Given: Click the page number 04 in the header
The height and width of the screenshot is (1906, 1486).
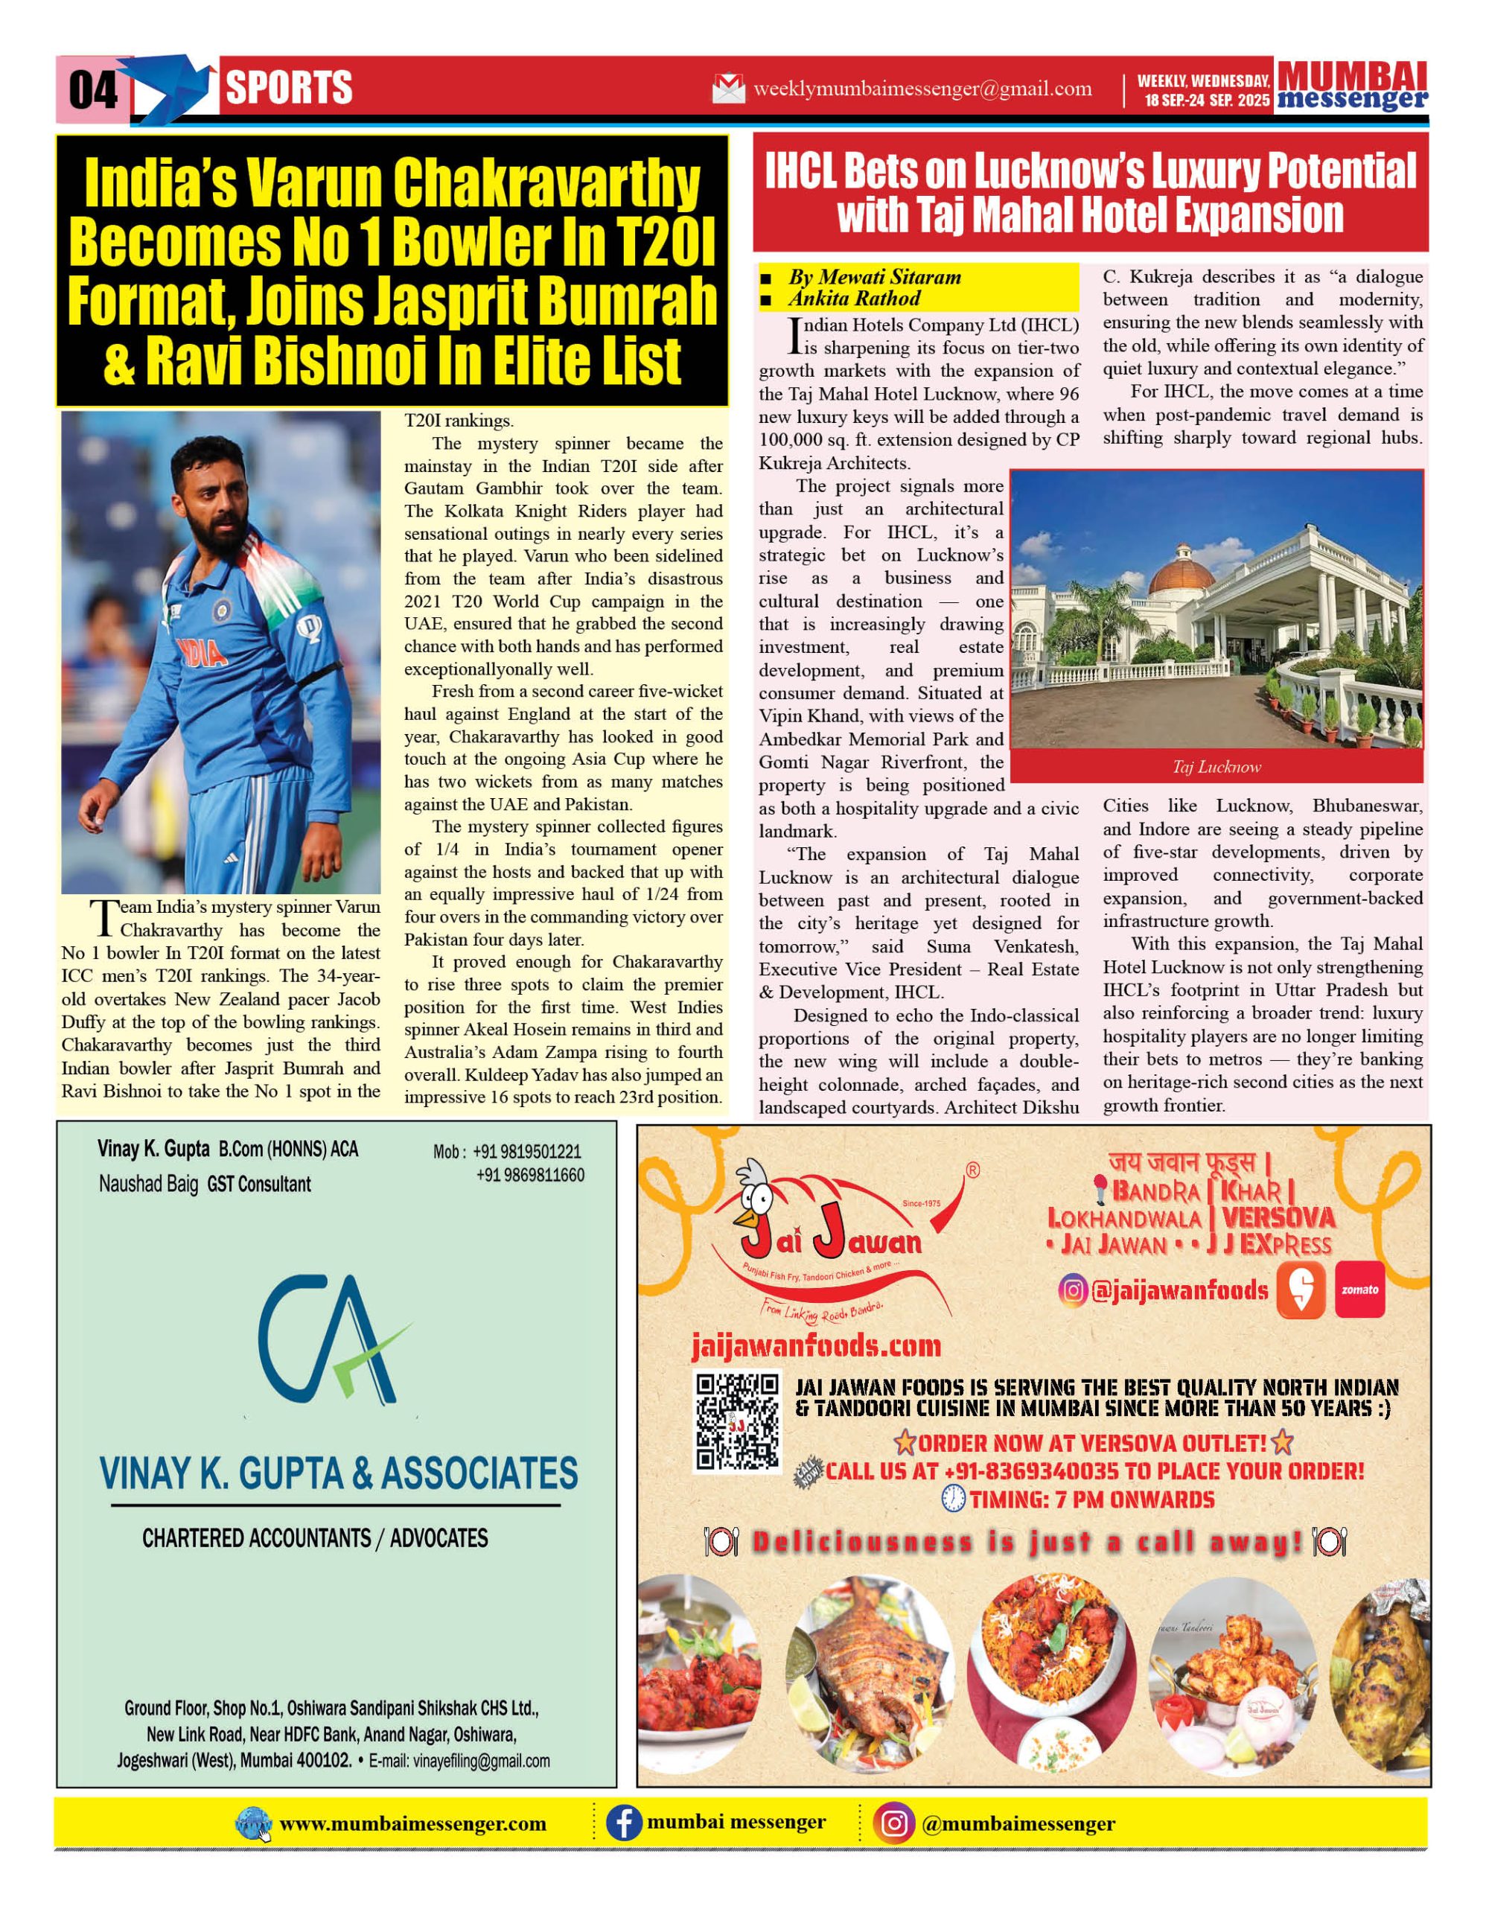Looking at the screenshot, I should tap(93, 90).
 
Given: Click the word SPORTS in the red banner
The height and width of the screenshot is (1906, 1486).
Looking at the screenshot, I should tap(289, 88).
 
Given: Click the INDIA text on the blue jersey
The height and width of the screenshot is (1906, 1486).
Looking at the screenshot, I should tap(203, 653).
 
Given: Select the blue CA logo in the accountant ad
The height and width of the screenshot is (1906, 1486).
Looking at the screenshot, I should tap(331, 1339).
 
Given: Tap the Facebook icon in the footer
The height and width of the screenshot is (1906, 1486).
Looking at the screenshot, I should tap(624, 1823).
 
